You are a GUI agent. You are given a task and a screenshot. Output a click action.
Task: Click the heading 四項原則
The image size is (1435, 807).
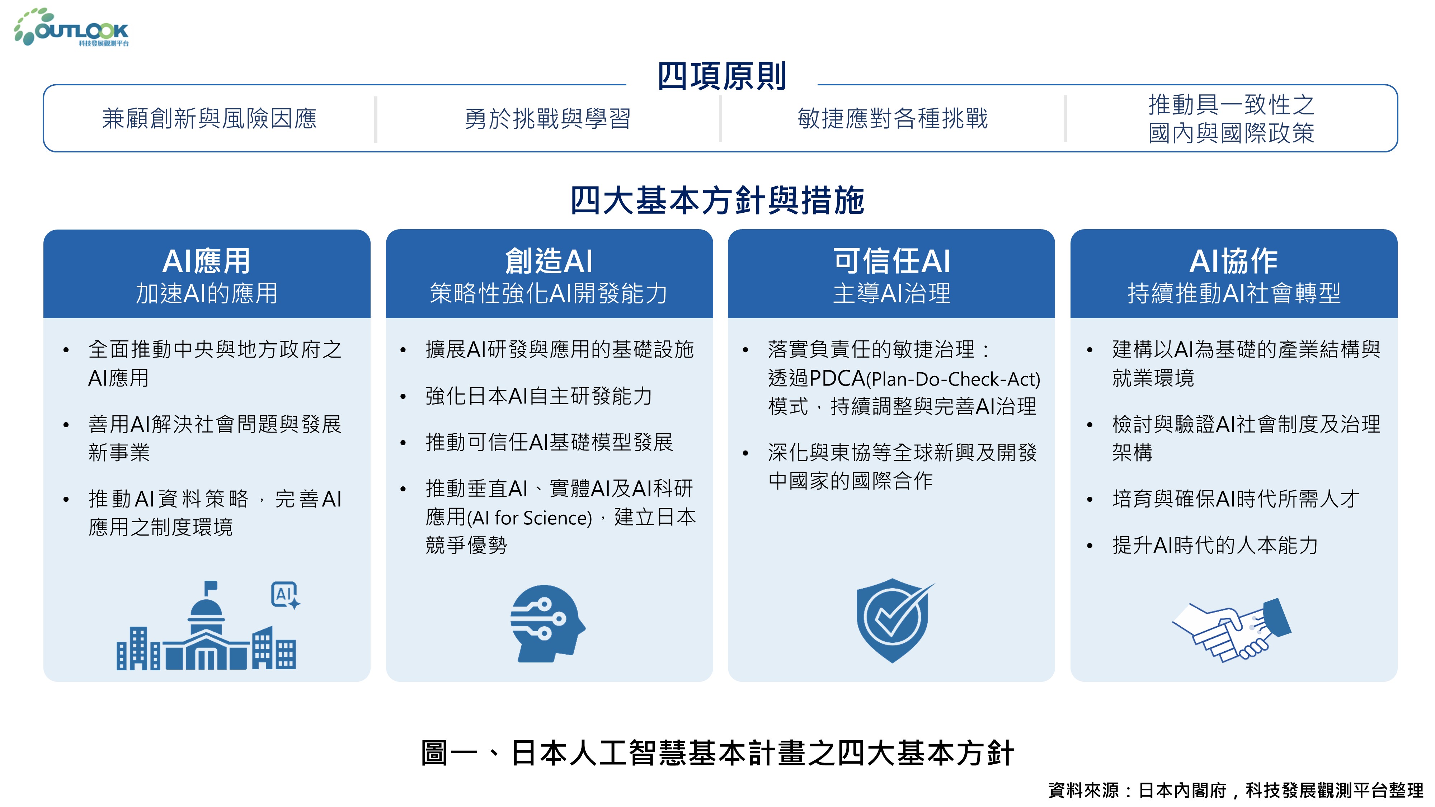click(x=721, y=76)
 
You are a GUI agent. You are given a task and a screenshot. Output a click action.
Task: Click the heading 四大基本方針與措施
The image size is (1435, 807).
click(x=717, y=200)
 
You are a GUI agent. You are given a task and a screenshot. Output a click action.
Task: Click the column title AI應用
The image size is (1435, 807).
click(x=206, y=261)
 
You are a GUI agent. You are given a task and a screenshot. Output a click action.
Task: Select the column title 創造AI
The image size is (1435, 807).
click(x=549, y=261)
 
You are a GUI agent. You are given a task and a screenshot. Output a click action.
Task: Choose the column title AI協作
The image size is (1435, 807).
click(x=1233, y=261)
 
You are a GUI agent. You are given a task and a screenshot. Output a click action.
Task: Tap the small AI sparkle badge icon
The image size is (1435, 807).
click(x=285, y=595)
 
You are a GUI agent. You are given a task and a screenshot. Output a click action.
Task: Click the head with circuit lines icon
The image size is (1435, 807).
click(x=547, y=623)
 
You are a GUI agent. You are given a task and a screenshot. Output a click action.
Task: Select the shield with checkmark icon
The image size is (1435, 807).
click(x=894, y=620)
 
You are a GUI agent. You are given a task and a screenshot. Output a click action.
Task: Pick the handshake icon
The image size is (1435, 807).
click(x=1232, y=630)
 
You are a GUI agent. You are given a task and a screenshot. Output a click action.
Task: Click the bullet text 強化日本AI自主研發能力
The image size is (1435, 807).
click(x=539, y=396)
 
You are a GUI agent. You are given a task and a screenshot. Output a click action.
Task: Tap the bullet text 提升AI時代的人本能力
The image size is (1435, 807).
click(x=1215, y=545)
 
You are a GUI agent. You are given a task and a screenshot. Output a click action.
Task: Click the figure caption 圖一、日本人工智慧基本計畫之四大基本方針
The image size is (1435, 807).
click(x=717, y=753)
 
